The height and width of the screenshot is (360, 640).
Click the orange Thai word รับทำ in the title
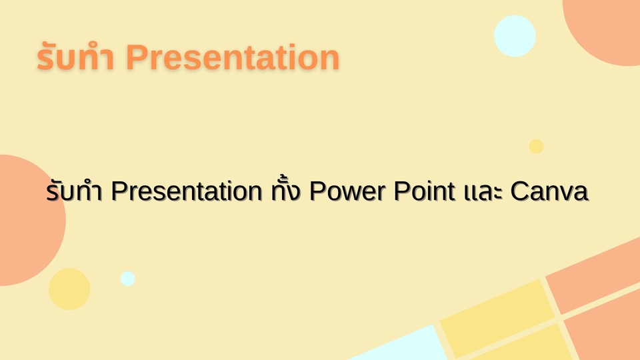coord(75,57)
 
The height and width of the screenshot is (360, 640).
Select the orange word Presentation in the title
coord(233,57)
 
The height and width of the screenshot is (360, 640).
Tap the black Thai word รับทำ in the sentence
coord(74,191)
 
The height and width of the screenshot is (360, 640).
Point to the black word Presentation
coord(186,191)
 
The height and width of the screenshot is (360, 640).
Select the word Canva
coord(549,191)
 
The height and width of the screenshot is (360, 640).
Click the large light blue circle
coord(515,36)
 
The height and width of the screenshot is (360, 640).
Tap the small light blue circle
coord(128,279)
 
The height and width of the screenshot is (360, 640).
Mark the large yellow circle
coord(69,289)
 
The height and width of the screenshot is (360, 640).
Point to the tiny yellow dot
coord(536,147)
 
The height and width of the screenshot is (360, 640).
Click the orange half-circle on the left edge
coord(29,221)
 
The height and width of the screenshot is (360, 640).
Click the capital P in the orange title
coord(136,57)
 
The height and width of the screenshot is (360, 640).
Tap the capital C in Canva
coord(521,191)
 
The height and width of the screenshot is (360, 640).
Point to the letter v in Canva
coord(566,193)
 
